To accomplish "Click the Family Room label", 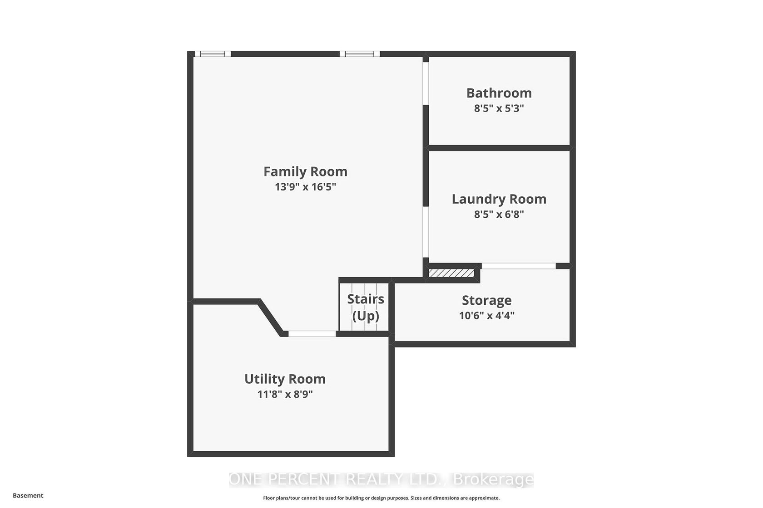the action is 305,171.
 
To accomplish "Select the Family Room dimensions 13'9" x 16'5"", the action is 305,187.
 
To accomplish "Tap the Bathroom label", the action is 499,93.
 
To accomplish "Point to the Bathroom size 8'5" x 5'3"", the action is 499,108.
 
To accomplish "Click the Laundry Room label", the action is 499,200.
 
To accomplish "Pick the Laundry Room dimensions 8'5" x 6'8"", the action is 499,215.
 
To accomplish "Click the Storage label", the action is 486,301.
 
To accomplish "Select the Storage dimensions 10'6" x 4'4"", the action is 486,315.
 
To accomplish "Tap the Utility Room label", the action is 285,379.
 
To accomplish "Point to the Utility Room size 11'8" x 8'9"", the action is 285,394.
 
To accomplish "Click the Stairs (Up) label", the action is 366,307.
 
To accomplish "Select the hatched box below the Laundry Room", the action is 451,273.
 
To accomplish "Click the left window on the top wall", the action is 213,54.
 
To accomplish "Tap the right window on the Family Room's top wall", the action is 359,54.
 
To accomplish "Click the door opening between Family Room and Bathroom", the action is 426,83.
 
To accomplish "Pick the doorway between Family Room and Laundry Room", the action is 426,232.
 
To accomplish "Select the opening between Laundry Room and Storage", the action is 519,266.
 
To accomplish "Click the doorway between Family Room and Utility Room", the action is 312,334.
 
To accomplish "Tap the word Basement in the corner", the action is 28,495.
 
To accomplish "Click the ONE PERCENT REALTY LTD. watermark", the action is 381,480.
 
